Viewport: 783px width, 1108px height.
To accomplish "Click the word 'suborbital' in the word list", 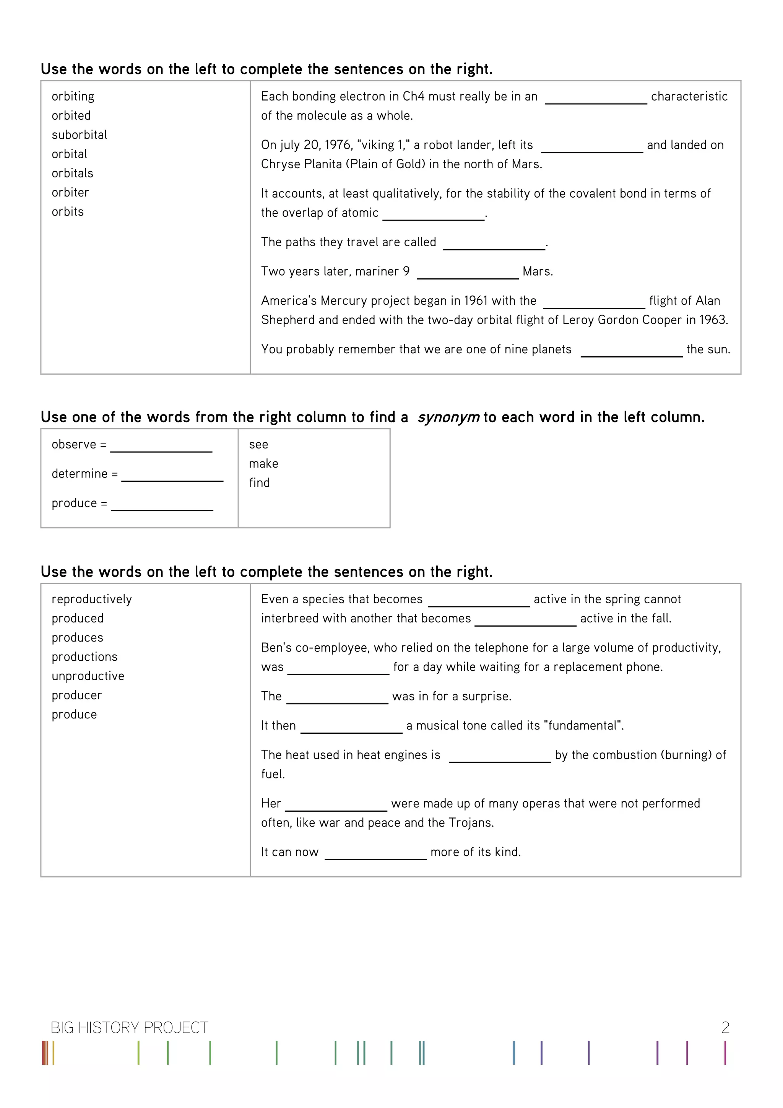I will pyautogui.click(x=79, y=135).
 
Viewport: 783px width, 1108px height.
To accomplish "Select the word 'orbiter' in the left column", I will pyautogui.click(x=70, y=193).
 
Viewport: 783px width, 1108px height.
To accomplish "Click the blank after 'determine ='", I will pyautogui.click(x=172, y=474).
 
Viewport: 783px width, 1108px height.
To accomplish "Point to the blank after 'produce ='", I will pyautogui.click(x=162, y=504).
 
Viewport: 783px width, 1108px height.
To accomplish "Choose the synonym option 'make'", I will pyautogui.click(x=263, y=464).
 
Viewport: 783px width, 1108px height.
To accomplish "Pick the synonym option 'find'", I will pyautogui.click(x=259, y=483).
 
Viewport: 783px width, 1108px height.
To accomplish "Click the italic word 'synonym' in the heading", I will pyautogui.click(x=448, y=418).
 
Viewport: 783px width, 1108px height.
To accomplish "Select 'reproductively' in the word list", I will pyautogui.click(x=92, y=599).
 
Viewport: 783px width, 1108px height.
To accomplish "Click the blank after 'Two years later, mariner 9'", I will pyautogui.click(x=468, y=272).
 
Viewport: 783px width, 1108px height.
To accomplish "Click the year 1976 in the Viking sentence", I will pyautogui.click(x=338, y=145).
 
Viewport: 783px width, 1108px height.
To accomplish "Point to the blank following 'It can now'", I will pyautogui.click(x=375, y=853).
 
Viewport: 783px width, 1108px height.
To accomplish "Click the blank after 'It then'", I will pyautogui.click(x=351, y=726).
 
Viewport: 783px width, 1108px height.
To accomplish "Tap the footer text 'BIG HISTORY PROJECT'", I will pyautogui.click(x=129, y=1028).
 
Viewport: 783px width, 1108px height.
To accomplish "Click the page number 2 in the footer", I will pyautogui.click(x=725, y=1028).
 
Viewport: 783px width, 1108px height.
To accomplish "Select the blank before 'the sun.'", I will pyautogui.click(x=631, y=350).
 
